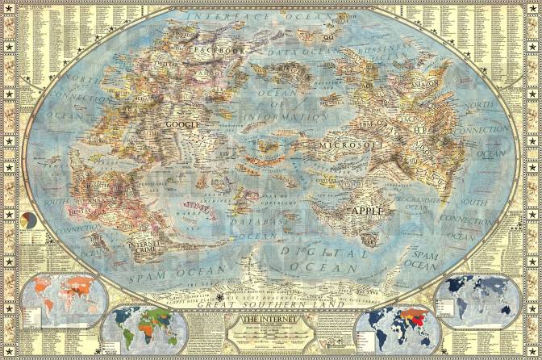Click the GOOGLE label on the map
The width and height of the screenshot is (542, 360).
click(181, 125)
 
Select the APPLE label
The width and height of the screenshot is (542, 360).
click(365, 211)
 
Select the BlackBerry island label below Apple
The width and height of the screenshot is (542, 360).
click(369, 238)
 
